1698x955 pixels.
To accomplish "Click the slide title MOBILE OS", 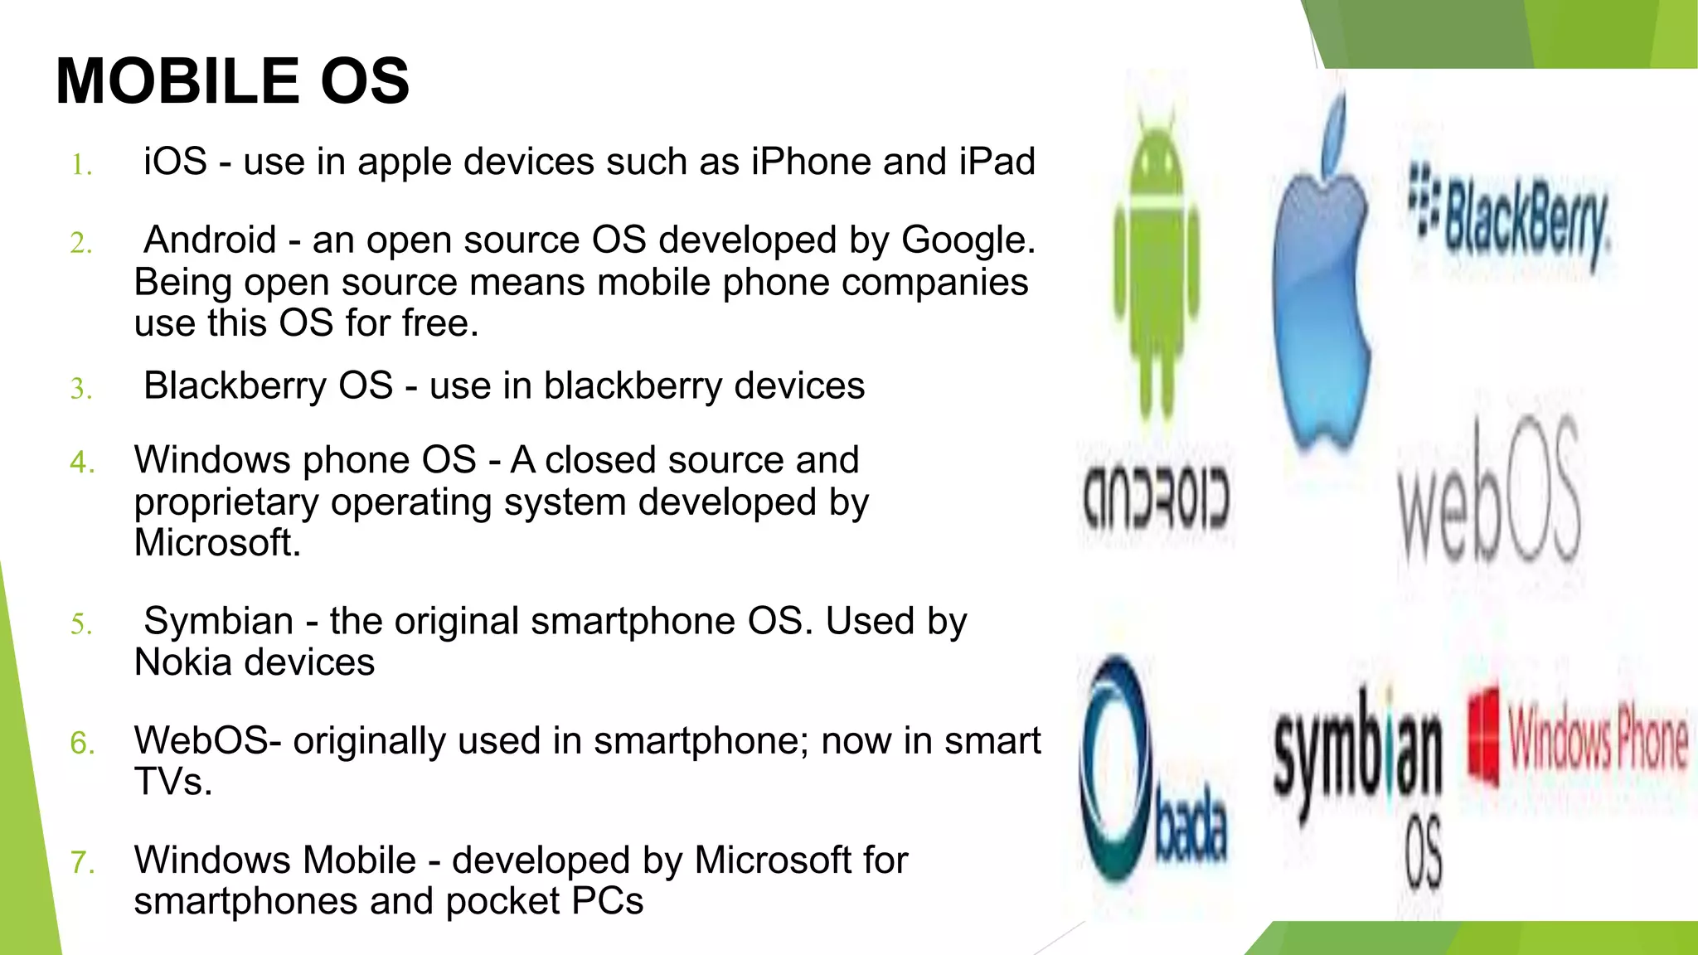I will click(x=232, y=81).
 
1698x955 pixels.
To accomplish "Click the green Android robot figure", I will click(x=1156, y=257).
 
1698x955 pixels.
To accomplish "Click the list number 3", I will click(x=81, y=389).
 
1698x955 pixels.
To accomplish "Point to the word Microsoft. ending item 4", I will click(x=217, y=544).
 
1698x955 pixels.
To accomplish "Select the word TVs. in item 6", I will click(x=173, y=783).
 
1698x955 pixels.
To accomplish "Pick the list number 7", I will click(x=81, y=863).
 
